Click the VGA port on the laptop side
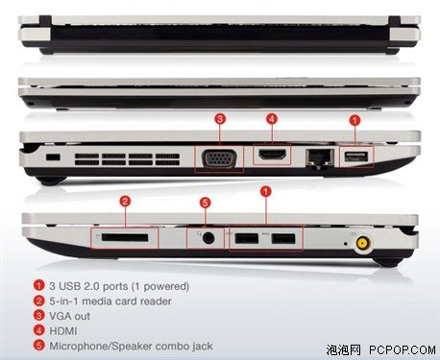tap(219, 158)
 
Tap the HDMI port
tap(272, 155)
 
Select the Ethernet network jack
tap(320, 156)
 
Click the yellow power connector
tap(362, 244)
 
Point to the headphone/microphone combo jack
tap(208, 238)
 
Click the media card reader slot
tap(125, 238)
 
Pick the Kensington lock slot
tap(53, 157)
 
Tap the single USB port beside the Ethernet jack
tap(356, 156)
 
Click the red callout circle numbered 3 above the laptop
tap(220, 119)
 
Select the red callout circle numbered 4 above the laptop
tap(272, 119)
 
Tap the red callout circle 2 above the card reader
tap(125, 201)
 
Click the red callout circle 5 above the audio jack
tap(206, 203)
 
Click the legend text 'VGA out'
tap(69, 316)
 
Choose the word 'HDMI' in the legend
tap(63, 331)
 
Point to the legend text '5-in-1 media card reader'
tap(110, 301)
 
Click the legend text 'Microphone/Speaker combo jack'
tap(131, 346)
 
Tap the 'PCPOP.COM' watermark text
tap(402, 349)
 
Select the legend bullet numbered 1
tap(38, 285)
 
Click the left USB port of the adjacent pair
tap(247, 239)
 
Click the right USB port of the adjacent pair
tap(283, 239)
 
